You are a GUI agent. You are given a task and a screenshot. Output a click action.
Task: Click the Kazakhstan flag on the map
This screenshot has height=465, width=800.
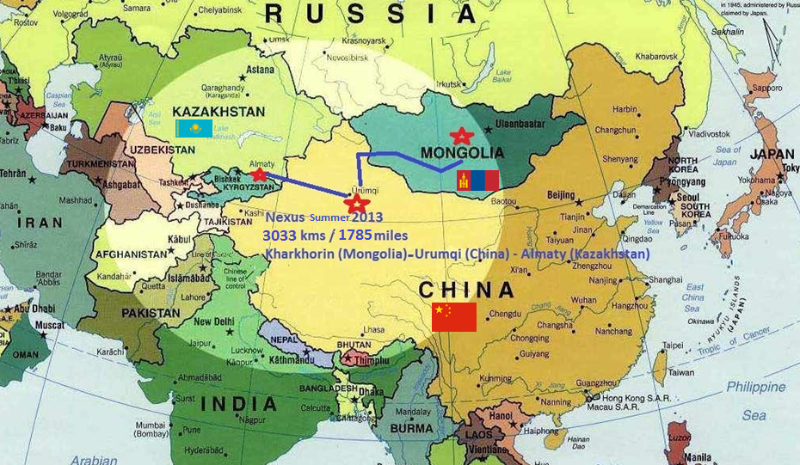(194, 128)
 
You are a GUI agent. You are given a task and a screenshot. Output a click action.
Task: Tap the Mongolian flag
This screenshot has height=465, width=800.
(478, 180)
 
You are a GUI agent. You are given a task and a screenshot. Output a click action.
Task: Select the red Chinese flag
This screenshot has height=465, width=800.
(453, 316)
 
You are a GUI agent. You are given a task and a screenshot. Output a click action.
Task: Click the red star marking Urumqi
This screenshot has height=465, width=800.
(356, 204)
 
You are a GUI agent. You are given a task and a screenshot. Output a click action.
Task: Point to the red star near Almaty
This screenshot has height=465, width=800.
(259, 175)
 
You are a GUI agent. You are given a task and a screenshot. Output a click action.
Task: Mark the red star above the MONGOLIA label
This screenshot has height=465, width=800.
(462, 136)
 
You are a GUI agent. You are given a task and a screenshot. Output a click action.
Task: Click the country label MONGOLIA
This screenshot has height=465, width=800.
(462, 152)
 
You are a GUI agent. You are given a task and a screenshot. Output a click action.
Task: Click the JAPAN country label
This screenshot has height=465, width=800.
(772, 155)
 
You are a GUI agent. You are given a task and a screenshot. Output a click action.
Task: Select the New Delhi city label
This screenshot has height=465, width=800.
(214, 322)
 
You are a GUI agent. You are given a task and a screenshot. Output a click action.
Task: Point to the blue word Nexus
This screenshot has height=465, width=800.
(286, 217)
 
